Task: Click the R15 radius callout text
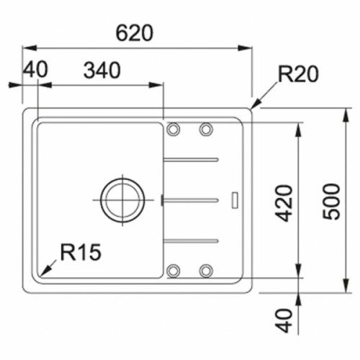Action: [81, 251]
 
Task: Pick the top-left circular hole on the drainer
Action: [174, 129]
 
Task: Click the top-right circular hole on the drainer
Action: [206, 129]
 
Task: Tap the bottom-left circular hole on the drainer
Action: [174, 271]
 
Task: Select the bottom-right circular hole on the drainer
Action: [206, 271]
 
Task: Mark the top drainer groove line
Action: [191, 158]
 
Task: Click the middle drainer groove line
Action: [191, 198]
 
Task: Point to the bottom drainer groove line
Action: [191, 239]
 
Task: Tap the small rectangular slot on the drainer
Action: [235, 199]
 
